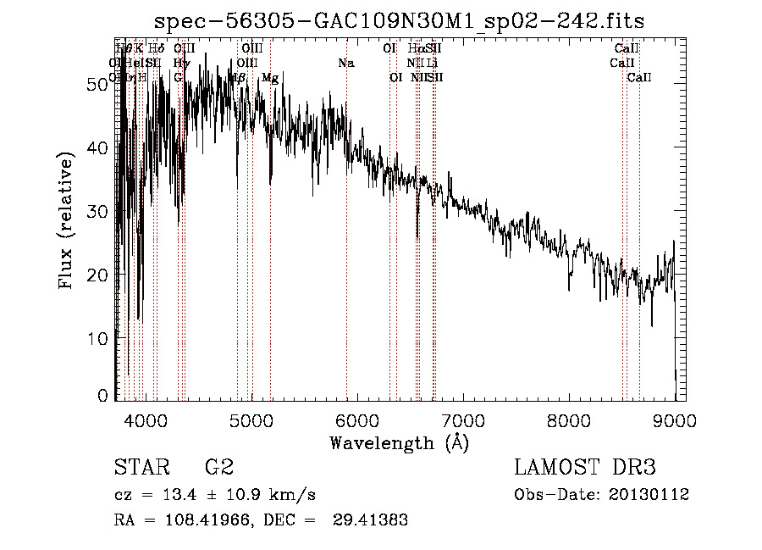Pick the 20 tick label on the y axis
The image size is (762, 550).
[x=98, y=275]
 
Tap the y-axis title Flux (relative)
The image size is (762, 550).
[x=68, y=219]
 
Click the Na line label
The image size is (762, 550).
[x=345, y=64]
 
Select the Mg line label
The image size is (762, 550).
[x=270, y=78]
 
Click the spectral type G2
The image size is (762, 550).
[x=218, y=468]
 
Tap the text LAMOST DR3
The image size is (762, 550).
[x=584, y=468]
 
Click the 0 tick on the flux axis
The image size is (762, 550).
[x=103, y=395]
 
